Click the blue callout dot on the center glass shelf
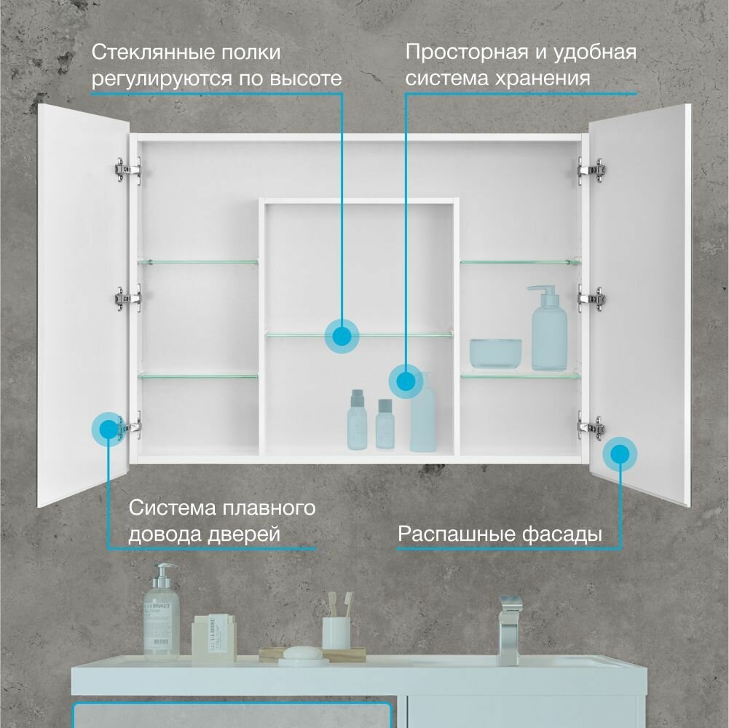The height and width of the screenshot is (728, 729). [342, 336]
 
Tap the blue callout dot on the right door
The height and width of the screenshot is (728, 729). [620, 454]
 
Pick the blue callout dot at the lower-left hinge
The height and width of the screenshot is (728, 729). [109, 428]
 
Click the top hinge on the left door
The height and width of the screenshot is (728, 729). [127, 169]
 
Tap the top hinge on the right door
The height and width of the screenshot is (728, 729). [591, 170]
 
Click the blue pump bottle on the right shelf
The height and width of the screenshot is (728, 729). [548, 331]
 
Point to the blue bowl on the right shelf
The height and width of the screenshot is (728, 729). [495, 353]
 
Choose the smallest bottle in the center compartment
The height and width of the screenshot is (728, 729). [385, 424]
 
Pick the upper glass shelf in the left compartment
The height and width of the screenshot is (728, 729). [198, 261]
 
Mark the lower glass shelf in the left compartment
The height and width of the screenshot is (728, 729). [198, 376]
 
